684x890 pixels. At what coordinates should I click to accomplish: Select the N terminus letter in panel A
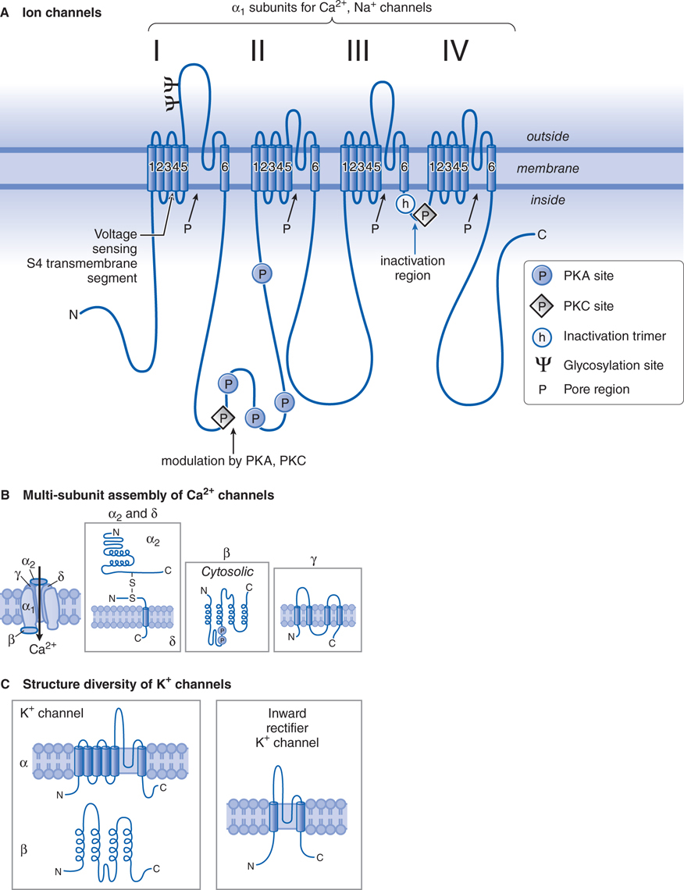pyautogui.click(x=73, y=315)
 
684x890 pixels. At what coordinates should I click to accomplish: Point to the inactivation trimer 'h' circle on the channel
pyautogui.click(x=404, y=205)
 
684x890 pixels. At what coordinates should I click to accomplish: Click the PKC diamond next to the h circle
pyautogui.click(x=426, y=214)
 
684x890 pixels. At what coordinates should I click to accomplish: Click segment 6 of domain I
pyautogui.click(x=224, y=166)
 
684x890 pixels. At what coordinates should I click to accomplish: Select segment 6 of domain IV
pyautogui.click(x=491, y=166)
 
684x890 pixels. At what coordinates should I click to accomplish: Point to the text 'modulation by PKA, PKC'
pyautogui.click(x=233, y=461)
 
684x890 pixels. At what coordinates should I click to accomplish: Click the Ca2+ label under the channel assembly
pyautogui.click(x=42, y=649)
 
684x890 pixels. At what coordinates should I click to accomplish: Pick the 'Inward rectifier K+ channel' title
pyautogui.click(x=287, y=728)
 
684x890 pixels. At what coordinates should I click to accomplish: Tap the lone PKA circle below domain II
pyautogui.click(x=262, y=273)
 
